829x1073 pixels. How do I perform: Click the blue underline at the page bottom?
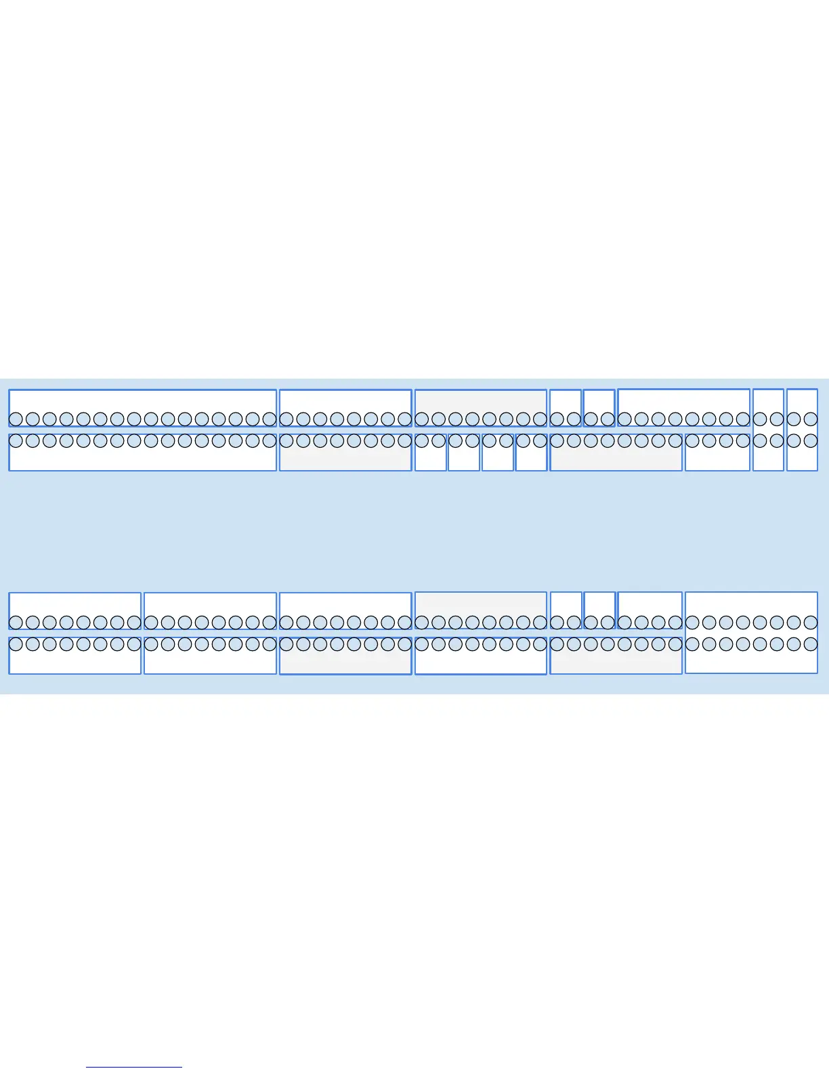[x=134, y=1067]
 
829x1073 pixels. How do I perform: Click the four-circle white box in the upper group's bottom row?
[x=717, y=458]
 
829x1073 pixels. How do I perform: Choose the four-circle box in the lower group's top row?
[x=650, y=603]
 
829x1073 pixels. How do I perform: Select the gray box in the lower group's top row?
[x=480, y=603]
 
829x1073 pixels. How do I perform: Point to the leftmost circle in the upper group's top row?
[x=16, y=419]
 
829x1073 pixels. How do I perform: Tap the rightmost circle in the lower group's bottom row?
[x=811, y=644]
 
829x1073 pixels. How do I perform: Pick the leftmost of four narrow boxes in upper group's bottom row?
[x=430, y=458]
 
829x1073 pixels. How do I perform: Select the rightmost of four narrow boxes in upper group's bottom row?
[x=531, y=458]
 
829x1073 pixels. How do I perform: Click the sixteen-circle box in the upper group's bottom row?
[x=142, y=458]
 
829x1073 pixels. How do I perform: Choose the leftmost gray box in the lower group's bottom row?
[x=345, y=661]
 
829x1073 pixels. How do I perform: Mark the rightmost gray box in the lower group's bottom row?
[x=616, y=661]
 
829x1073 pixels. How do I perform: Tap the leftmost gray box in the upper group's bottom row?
[x=345, y=458]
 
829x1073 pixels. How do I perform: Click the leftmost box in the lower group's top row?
[x=75, y=603]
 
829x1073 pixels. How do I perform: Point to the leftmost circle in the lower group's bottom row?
[x=16, y=644]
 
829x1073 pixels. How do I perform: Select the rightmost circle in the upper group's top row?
[x=811, y=419]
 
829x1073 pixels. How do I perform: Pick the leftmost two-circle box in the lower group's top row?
[x=566, y=603]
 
